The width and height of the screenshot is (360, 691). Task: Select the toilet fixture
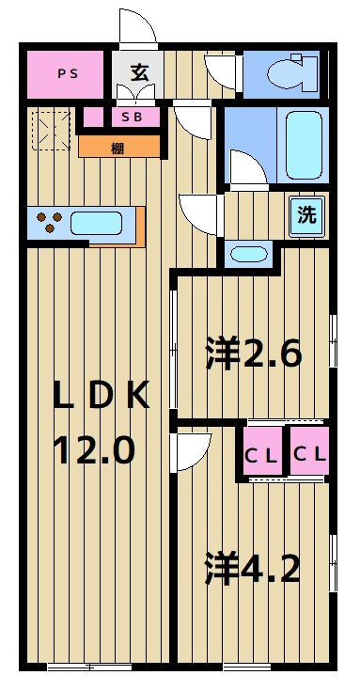pyautogui.click(x=288, y=73)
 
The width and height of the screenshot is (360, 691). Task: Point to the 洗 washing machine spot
pyautogui.click(x=306, y=213)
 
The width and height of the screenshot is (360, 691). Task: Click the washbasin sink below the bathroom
pyautogui.click(x=248, y=254)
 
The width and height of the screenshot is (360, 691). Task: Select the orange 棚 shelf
pyautogui.click(x=118, y=146)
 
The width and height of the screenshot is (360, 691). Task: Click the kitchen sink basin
pyautogui.click(x=96, y=225)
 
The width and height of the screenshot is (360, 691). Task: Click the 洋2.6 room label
pyautogui.click(x=254, y=354)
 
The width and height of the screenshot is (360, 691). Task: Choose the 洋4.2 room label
pyautogui.click(x=254, y=569)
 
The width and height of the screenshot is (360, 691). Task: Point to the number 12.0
pyautogui.click(x=94, y=451)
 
